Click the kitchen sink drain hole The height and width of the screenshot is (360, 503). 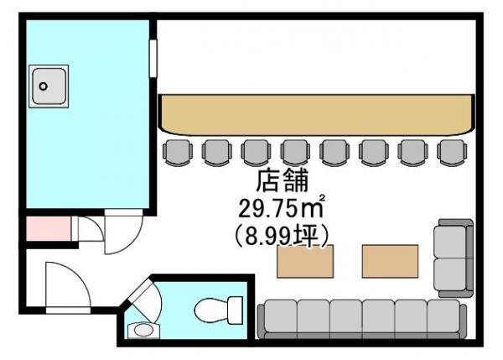tap(43, 86)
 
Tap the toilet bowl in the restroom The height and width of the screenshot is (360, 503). tap(211, 310)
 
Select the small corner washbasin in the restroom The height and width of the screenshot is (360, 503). tap(143, 330)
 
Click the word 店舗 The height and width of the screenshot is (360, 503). tap(283, 181)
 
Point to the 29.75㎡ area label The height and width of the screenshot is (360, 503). tap(281, 207)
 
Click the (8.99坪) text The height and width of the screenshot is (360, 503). tap(282, 236)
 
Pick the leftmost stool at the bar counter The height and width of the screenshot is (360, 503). tap(178, 152)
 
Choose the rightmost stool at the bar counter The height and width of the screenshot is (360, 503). tap(452, 152)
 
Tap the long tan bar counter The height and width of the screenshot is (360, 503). tap(317, 114)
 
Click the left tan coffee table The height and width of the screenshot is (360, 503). tap(305, 261)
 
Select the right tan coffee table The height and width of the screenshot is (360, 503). tap(390, 261)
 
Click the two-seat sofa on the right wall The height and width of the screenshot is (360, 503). tap(454, 258)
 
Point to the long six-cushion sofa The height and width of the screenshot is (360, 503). tap(362, 319)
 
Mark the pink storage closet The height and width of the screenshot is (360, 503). tap(48, 228)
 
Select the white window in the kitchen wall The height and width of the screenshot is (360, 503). tap(153, 59)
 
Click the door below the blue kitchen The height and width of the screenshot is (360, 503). tap(123, 232)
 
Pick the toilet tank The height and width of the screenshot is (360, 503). tap(235, 310)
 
